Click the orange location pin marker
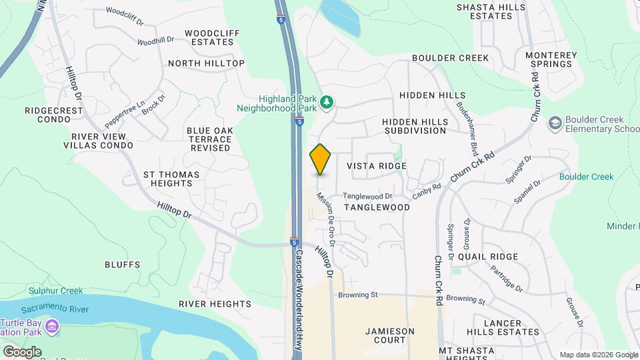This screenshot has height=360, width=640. (321, 159)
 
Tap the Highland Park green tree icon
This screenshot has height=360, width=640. (327, 102)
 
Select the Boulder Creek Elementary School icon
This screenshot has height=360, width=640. (555, 123)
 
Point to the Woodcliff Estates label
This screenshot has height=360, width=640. (209, 37)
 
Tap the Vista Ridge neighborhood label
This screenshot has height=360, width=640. (377, 165)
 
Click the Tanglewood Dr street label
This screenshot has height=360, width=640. (367, 196)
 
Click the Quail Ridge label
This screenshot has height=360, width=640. (493, 257)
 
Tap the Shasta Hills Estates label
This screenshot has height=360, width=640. (500, 11)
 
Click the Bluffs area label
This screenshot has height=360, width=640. (122, 265)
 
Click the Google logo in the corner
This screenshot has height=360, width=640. (22, 351)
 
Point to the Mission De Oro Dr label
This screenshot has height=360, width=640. (325, 215)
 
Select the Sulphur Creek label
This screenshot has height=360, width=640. (55, 291)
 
